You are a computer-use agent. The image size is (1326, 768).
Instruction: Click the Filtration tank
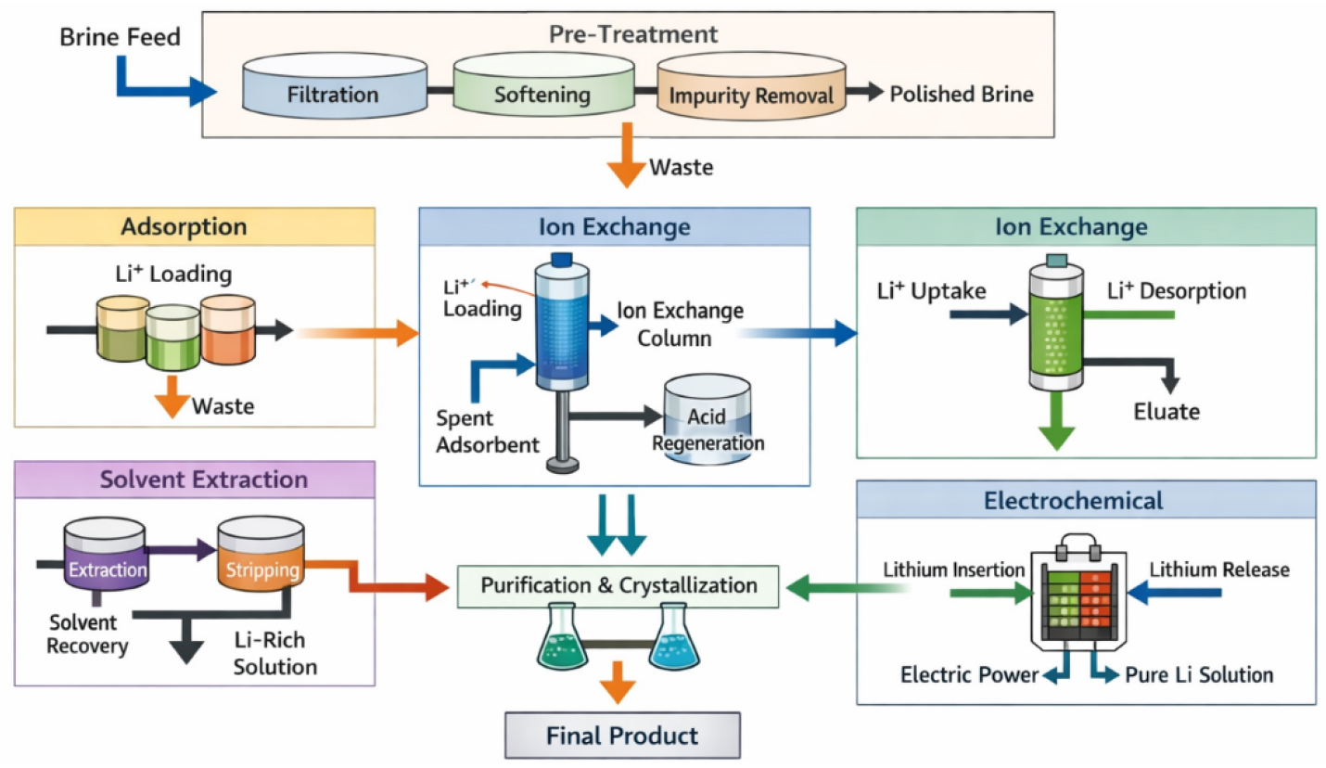pos(335,86)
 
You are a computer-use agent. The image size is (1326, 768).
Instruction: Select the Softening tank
pos(544,84)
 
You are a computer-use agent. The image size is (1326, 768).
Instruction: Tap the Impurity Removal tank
pos(751,86)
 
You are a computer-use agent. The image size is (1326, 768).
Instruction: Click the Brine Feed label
pos(121,37)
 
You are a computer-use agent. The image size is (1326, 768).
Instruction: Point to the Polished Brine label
pos(962,95)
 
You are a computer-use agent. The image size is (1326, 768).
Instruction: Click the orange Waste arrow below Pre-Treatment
pos(626,155)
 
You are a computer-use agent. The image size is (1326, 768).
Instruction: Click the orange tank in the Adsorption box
pos(228,329)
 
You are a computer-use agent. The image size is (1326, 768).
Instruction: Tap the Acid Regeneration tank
pos(708,419)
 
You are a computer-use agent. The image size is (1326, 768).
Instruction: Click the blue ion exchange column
pos(562,326)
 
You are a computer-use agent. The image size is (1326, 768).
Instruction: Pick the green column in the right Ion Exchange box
pos(1056,324)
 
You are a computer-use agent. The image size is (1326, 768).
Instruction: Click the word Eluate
pos(1167,412)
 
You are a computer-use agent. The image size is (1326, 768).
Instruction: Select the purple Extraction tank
pos(107,555)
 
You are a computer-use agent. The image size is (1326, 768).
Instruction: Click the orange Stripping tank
pos(261,555)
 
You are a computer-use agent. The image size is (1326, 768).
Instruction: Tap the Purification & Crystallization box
pos(618,586)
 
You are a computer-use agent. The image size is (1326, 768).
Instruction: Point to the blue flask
pos(674,637)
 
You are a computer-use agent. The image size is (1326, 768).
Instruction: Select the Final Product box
pos(622,736)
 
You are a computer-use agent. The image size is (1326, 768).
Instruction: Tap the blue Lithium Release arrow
pos(1175,593)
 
